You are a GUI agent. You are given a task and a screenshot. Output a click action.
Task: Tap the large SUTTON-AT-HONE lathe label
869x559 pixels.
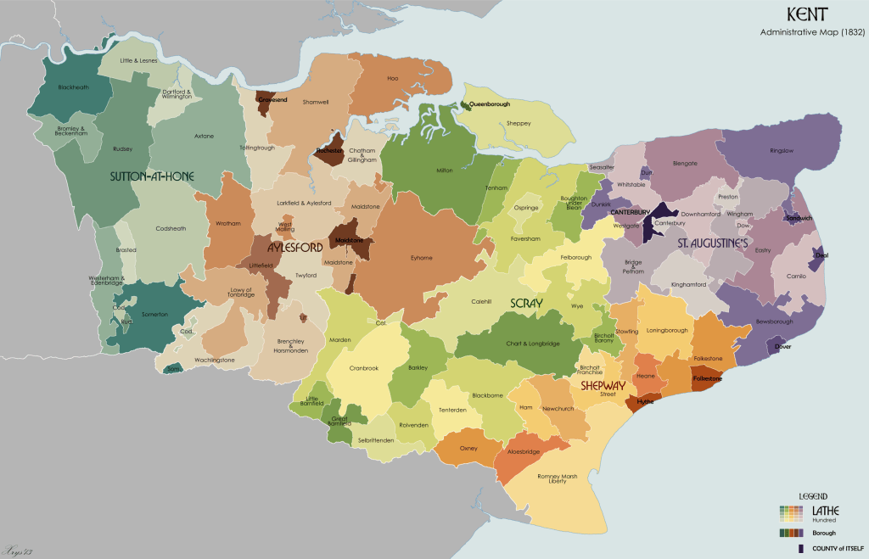(153, 176)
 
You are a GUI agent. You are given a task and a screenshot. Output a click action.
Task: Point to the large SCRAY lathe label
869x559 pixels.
(526, 303)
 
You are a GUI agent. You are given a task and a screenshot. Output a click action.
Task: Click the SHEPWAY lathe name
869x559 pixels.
(603, 385)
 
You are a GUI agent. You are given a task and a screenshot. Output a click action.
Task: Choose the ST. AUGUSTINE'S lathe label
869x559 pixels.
(712, 244)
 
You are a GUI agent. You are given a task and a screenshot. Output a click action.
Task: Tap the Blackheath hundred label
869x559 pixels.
(73, 87)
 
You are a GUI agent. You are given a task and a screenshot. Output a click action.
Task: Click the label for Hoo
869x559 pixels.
(392, 78)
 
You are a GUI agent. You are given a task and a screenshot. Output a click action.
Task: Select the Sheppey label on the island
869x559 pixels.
(518, 123)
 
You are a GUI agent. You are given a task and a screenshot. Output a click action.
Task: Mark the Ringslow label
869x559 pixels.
(782, 151)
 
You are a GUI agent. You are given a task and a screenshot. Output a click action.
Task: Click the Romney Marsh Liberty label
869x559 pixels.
(558, 479)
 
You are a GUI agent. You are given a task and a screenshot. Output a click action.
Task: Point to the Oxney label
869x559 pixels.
(468, 448)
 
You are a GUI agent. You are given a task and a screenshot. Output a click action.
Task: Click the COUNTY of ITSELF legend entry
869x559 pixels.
(829, 550)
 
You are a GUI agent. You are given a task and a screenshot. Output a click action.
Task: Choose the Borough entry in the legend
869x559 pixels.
(824, 533)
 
